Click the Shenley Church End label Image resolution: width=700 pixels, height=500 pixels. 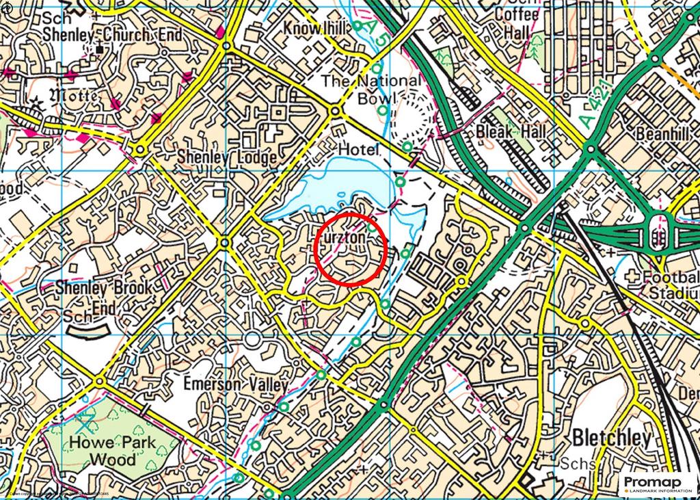[x=113, y=35]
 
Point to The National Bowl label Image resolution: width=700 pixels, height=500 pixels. [x=371, y=89]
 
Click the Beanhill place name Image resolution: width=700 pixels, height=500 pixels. [x=662, y=135]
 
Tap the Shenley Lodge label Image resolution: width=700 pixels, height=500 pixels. [x=226, y=157]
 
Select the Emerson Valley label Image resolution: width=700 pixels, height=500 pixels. [x=235, y=384]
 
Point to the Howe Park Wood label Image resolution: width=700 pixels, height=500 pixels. [x=103, y=450]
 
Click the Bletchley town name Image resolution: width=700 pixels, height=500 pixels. [x=612, y=438]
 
